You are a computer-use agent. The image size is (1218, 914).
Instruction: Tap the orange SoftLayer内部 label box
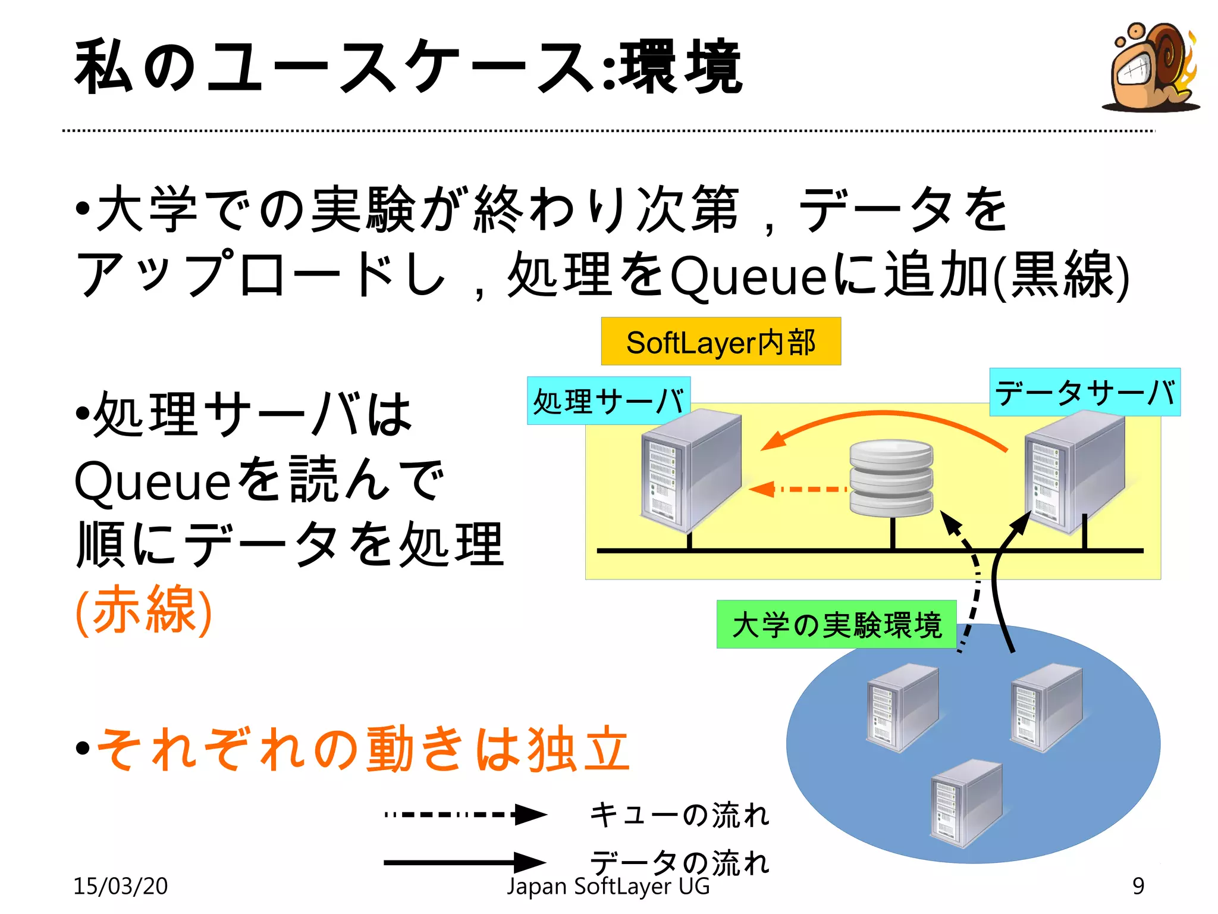(721, 342)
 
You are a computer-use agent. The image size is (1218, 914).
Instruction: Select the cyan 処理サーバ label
(608, 400)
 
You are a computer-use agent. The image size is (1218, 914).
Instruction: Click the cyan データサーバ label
(1085, 392)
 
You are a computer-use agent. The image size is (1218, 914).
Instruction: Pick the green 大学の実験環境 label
(836, 624)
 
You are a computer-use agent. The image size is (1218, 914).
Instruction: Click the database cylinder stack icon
(891, 478)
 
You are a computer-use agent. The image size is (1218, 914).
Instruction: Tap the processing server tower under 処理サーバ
(690, 471)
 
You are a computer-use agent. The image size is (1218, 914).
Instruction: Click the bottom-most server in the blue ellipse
(966, 803)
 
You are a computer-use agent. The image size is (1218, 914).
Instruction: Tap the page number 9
(1138, 886)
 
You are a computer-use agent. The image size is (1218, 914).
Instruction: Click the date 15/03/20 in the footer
(120, 886)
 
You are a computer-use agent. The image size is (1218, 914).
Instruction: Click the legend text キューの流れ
(679, 815)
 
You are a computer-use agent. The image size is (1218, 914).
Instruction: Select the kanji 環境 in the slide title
(680, 67)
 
